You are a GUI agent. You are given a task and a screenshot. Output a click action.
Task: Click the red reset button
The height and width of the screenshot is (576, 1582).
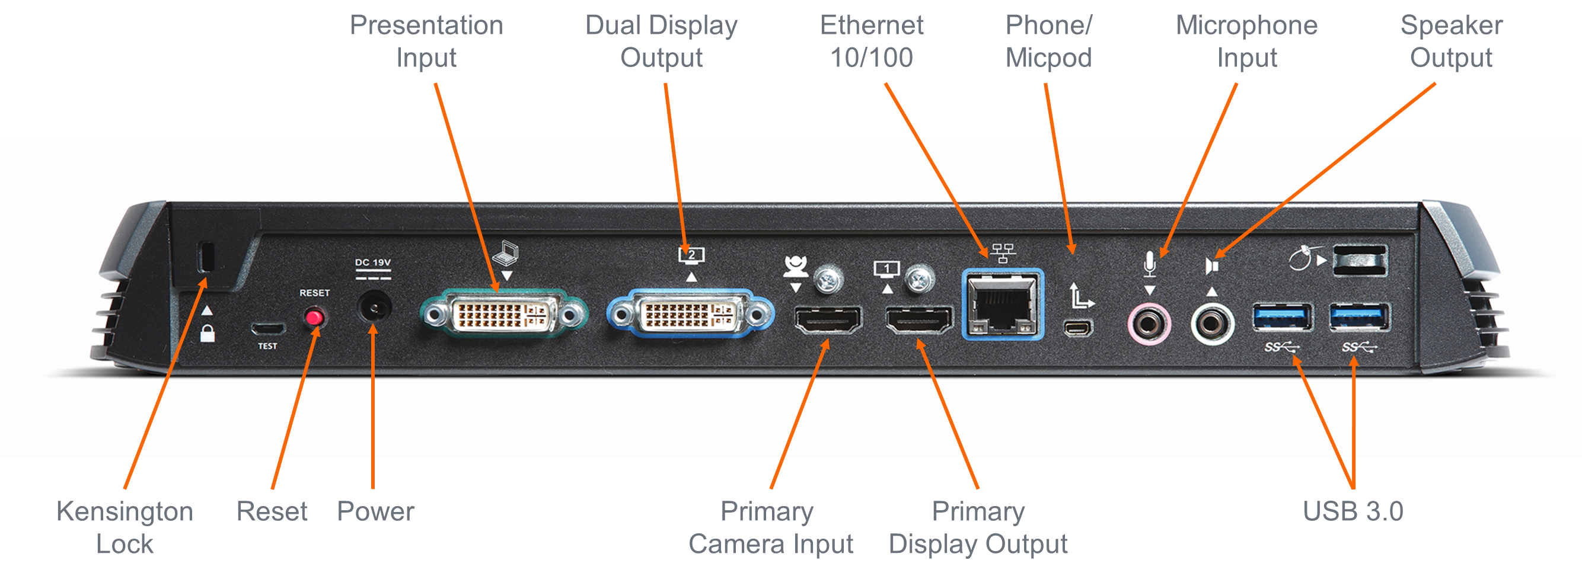(x=314, y=318)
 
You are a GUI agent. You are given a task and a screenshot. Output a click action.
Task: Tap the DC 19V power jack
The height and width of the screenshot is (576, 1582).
(x=374, y=306)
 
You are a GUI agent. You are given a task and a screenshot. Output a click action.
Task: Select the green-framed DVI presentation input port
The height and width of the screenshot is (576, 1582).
(x=503, y=315)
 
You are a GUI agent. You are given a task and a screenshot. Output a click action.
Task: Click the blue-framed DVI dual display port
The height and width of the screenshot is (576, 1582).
(x=690, y=315)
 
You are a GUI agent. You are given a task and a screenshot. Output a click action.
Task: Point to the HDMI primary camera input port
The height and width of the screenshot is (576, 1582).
(x=828, y=319)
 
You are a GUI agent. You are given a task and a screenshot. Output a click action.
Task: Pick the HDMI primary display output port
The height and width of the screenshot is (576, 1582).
(x=918, y=319)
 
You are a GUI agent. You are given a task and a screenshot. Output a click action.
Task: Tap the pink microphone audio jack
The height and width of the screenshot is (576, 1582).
(x=1149, y=322)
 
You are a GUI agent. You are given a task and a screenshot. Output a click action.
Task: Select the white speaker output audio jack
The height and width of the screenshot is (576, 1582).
(x=1211, y=322)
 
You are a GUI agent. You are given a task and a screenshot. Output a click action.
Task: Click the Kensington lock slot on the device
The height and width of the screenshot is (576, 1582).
(x=206, y=257)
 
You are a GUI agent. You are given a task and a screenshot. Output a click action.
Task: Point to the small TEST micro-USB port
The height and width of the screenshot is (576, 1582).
(x=268, y=328)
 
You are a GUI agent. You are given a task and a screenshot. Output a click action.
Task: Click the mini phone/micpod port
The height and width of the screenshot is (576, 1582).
(x=1079, y=328)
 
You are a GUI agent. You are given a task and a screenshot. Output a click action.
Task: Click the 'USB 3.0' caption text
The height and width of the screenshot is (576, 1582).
(x=1353, y=511)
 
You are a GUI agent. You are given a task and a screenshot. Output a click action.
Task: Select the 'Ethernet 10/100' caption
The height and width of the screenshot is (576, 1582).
(x=872, y=41)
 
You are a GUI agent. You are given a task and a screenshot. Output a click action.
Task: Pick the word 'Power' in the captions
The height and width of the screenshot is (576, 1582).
(x=375, y=511)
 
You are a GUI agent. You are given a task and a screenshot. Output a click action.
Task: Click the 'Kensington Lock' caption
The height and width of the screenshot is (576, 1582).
(x=125, y=527)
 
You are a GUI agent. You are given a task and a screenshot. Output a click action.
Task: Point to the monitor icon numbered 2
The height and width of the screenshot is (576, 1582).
(x=691, y=255)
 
